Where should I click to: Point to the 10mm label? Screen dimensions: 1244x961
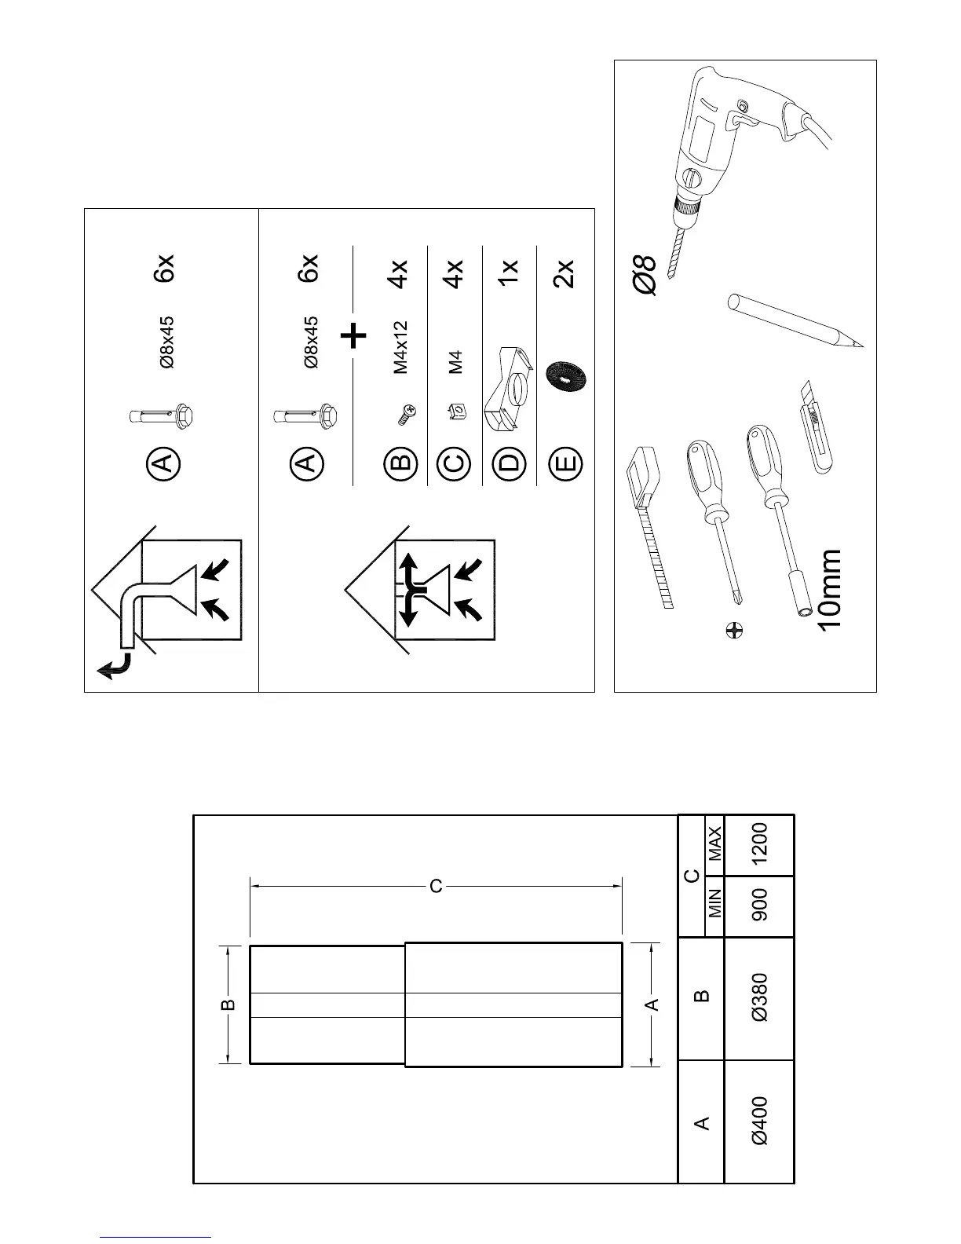pos(828,589)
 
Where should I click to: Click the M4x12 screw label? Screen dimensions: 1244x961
pos(400,347)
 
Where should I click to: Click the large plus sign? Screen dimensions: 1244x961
pos(354,337)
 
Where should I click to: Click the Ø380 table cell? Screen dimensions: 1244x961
pos(760,997)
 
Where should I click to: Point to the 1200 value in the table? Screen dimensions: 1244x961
pos(760,845)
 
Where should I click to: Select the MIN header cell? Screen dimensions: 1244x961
pos(714,906)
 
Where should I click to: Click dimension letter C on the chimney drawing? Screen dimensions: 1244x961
pos(436,887)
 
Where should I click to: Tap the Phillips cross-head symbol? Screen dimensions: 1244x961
pos(735,629)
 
